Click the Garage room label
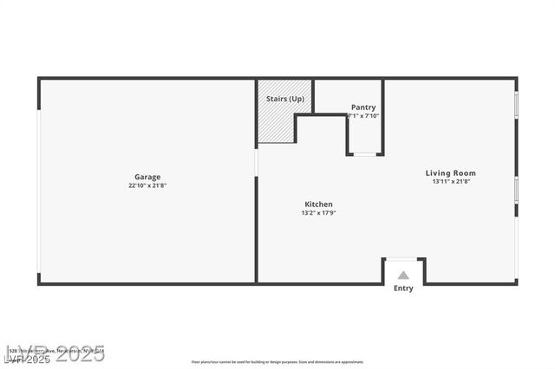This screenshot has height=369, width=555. pyautogui.click(x=147, y=177)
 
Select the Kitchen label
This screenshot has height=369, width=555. pyautogui.click(x=318, y=204)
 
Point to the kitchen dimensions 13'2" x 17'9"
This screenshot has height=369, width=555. pyautogui.click(x=318, y=212)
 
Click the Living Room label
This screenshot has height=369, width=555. pyautogui.click(x=450, y=172)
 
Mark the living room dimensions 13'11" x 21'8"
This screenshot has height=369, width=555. pyautogui.click(x=450, y=182)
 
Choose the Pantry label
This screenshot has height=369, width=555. pyautogui.click(x=363, y=107)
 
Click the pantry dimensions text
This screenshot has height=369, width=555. pyautogui.click(x=363, y=115)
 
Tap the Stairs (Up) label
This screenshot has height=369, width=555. pyautogui.click(x=284, y=99)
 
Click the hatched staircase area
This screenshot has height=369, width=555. pyautogui.click(x=276, y=126)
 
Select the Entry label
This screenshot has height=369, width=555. pyautogui.click(x=403, y=288)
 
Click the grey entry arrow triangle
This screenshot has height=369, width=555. pyautogui.click(x=403, y=275)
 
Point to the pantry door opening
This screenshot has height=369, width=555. pyautogui.click(x=365, y=154)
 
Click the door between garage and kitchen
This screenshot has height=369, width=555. pyautogui.click(x=256, y=162)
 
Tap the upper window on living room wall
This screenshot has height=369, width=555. pyautogui.click(x=516, y=104)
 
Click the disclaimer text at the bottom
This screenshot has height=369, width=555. pyautogui.click(x=277, y=362)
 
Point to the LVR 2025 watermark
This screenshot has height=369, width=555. pyautogui.click(x=54, y=354)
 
